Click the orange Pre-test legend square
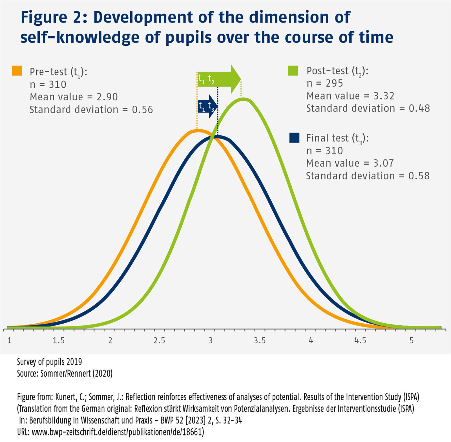pyautogui.click(x=17, y=70)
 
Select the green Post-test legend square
pyautogui.click(x=293, y=70)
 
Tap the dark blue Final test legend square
pyautogui.click(x=294, y=138)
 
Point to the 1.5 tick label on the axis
pyautogui.click(x=59, y=341)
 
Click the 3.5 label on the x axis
pyautogui.click(x=260, y=341)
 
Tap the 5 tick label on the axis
pyautogui.click(x=412, y=341)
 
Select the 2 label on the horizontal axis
pyautogui.click(x=110, y=341)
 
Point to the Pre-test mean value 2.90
pyautogui.click(x=107, y=97)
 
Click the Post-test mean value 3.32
pyautogui.click(x=384, y=96)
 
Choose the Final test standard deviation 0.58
pyautogui.click(x=419, y=176)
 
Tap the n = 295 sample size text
pyautogui.click(x=325, y=83)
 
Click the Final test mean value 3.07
pyautogui.click(x=383, y=163)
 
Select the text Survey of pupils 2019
pyautogui.click(x=49, y=362)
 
